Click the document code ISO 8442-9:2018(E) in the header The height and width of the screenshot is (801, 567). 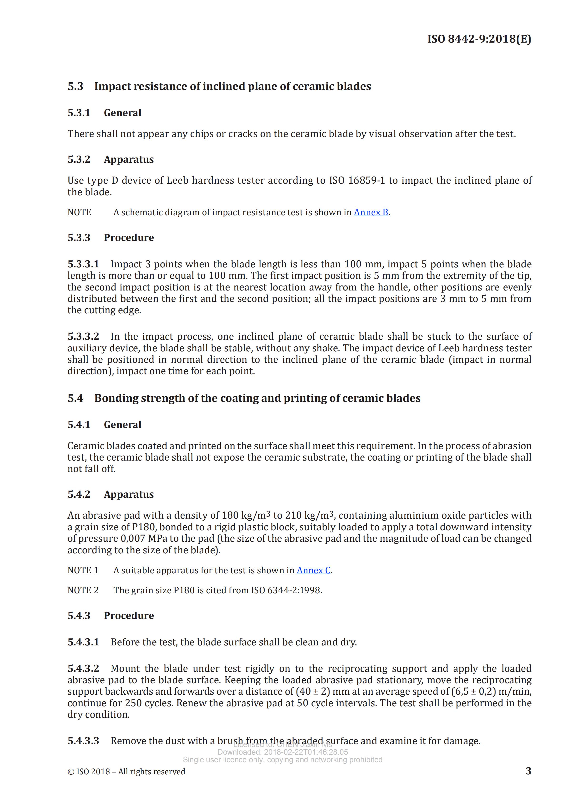tap(479, 39)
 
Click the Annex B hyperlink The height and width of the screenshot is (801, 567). tap(371, 212)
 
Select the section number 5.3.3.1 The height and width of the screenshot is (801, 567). tap(83, 264)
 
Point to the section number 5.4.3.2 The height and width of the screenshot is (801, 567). tap(83, 668)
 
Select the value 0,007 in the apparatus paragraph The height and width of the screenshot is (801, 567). tap(133, 538)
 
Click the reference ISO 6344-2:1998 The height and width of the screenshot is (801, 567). tap(286, 590)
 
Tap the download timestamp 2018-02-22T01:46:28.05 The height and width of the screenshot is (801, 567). tap(306, 752)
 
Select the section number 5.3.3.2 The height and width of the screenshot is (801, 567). tap(83, 336)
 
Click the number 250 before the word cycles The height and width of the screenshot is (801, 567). tap(133, 703)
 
